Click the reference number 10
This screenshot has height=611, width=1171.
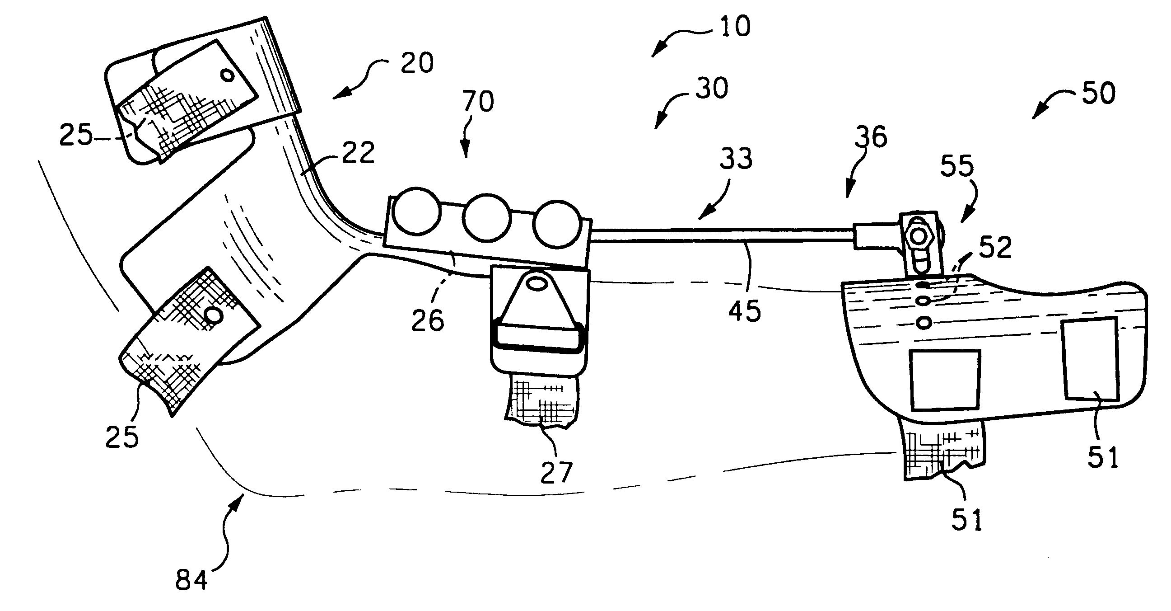(735, 27)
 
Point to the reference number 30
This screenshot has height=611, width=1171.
(711, 88)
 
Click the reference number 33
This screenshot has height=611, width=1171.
(736, 159)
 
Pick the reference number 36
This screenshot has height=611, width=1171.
(871, 136)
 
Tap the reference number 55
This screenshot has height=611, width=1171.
(957, 165)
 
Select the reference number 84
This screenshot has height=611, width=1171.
(191, 580)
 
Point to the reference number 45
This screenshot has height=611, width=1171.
(745, 311)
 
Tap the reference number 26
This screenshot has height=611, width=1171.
(427, 320)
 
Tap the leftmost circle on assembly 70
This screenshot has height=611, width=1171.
(416, 211)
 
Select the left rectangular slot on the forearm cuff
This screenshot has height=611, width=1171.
(945, 380)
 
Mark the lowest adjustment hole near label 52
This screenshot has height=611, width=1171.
(924, 323)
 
